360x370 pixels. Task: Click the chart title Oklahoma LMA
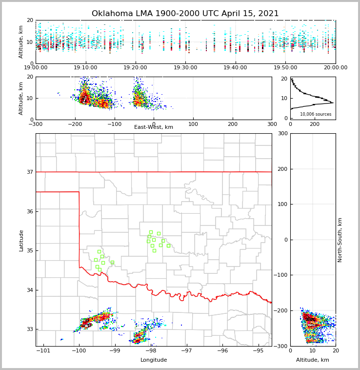click(185, 14)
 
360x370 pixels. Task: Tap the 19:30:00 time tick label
click(185, 68)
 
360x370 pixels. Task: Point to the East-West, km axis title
click(154, 127)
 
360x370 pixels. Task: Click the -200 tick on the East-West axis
click(75, 124)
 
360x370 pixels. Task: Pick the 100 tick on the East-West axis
click(193, 124)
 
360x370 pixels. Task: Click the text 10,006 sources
click(316, 114)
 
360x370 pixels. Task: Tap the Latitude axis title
click(21, 240)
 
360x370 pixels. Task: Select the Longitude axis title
click(154, 360)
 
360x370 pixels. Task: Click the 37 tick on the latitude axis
click(29, 172)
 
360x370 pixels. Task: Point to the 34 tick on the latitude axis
click(29, 290)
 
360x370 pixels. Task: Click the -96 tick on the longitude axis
click(222, 351)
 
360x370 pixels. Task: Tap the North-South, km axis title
click(340, 240)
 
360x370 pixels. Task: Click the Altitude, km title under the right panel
click(313, 360)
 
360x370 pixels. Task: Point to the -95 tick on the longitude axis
click(259, 351)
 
